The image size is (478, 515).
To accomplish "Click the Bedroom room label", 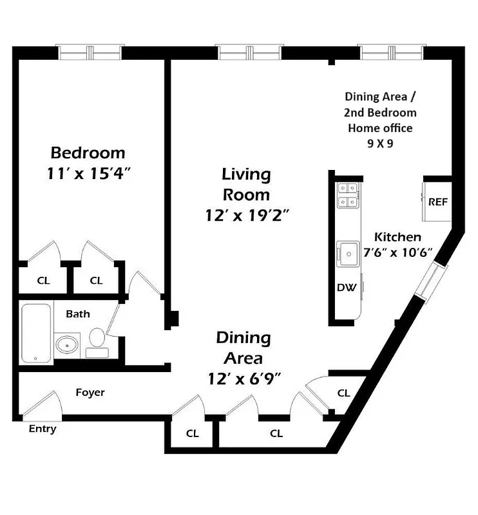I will pyautogui.click(x=88, y=153).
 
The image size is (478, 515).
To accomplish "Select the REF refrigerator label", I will pyautogui.click(x=438, y=201).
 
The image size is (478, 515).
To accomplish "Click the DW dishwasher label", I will pyautogui.click(x=347, y=288).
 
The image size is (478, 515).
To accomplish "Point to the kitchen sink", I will pyautogui.click(x=348, y=253).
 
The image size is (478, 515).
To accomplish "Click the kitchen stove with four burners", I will pyautogui.click(x=348, y=195).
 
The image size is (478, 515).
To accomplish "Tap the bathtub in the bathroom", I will pyautogui.click(x=35, y=333).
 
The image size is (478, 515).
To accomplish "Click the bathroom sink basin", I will pyautogui.click(x=66, y=345).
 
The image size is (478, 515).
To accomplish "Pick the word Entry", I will pyautogui.click(x=43, y=429).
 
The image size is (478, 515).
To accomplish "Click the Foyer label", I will pyautogui.click(x=90, y=392).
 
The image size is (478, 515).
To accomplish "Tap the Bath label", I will pyautogui.click(x=78, y=314).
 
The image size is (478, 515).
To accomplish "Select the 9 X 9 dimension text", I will pyautogui.click(x=380, y=144).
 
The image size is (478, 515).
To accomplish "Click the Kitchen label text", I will pyautogui.click(x=398, y=237).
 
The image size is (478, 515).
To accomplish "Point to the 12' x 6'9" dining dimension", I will pyautogui.click(x=243, y=379).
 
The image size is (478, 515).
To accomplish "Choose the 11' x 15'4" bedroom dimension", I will pyautogui.click(x=88, y=173).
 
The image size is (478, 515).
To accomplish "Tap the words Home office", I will pyautogui.click(x=380, y=128).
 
